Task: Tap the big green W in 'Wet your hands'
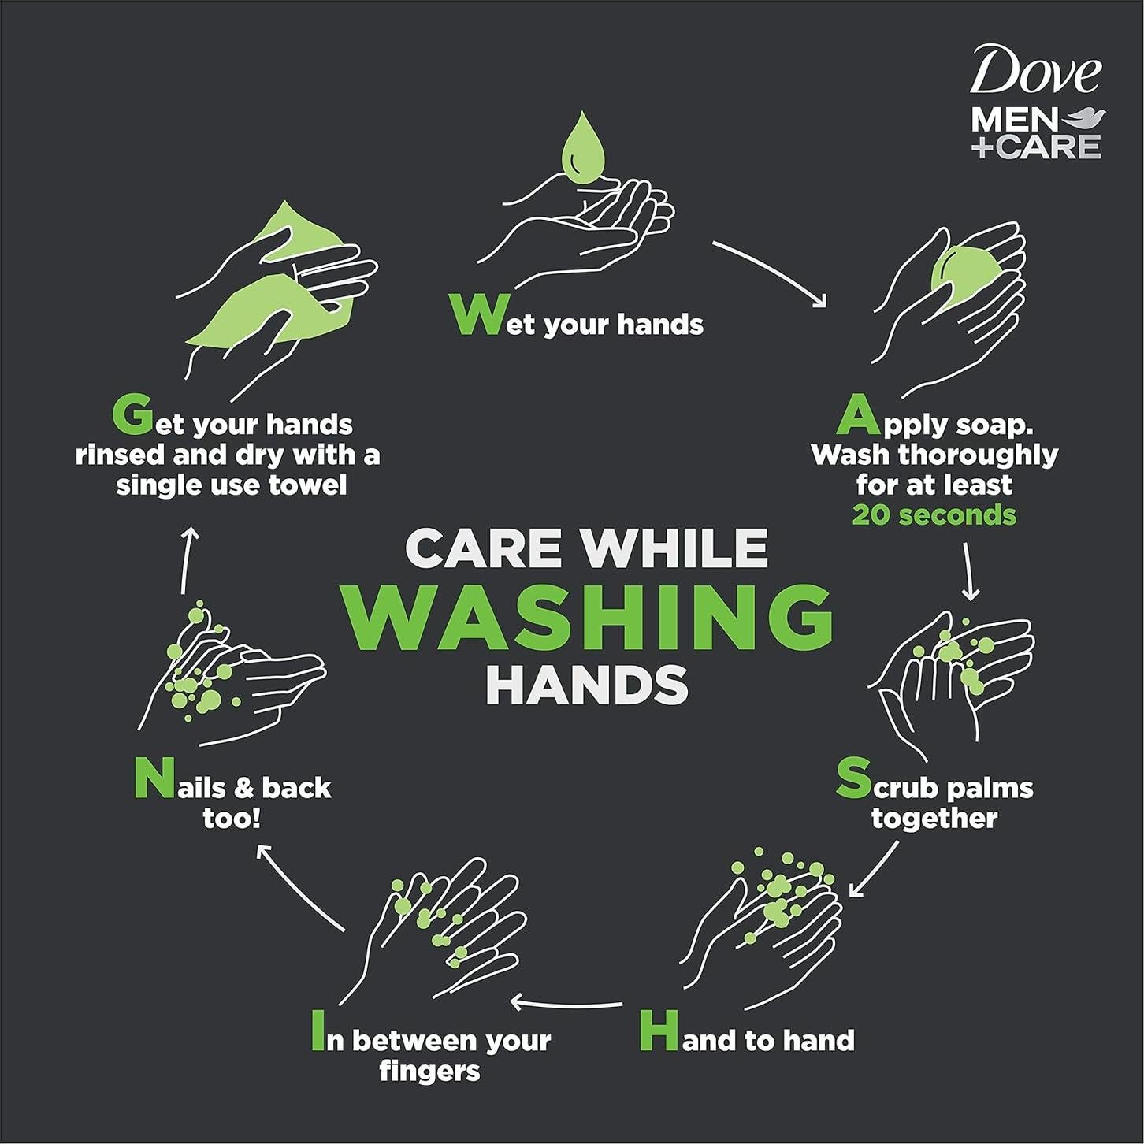(x=477, y=315)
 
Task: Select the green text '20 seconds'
(x=934, y=515)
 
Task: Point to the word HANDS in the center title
(x=588, y=685)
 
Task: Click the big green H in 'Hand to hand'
(x=659, y=1032)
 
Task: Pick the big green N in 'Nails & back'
(x=153, y=779)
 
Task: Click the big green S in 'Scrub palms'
(x=852, y=778)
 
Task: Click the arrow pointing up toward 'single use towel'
(x=188, y=560)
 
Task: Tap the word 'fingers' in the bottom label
(x=429, y=1072)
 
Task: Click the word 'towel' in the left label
(x=308, y=485)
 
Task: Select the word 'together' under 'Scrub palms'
(x=934, y=818)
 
